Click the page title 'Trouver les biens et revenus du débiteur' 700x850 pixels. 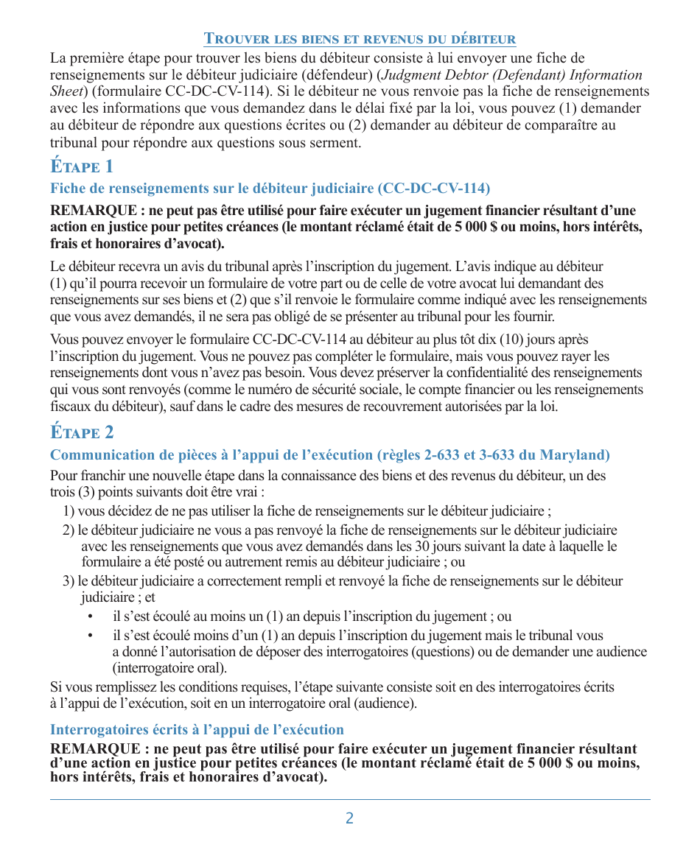[x=360, y=39]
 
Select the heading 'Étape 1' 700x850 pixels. [x=82, y=166]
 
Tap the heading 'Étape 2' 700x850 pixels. [x=82, y=432]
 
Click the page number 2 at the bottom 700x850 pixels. [x=349, y=818]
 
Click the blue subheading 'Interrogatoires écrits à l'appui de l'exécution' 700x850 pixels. [x=197, y=730]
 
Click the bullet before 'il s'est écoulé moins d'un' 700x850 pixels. [x=90, y=636]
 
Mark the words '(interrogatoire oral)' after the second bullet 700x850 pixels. [x=169, y=669]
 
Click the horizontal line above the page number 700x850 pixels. [x=350, y=799]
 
